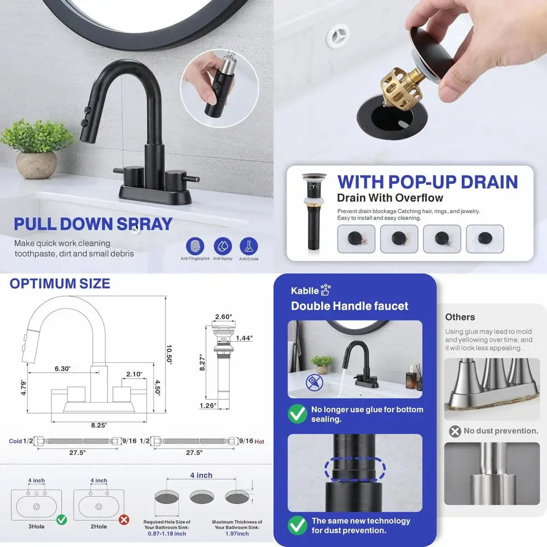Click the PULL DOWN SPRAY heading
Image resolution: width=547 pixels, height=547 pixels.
(93, 224)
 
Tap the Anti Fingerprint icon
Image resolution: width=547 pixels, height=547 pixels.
(195, 246)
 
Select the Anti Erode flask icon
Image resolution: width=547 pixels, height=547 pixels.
(248, 246)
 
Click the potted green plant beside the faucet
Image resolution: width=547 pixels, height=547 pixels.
(37, 146)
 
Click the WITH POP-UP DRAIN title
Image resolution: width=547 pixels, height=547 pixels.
(427, 182)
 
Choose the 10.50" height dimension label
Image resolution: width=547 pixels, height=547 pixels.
(169, 356)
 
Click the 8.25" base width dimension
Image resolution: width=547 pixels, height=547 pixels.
(98, 425)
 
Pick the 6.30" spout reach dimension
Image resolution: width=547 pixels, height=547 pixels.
(62, 369)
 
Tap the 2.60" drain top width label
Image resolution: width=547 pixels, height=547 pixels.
(224, 317)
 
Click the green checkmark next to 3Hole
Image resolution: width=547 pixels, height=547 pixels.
(61, 519)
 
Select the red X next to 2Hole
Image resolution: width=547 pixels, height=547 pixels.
(124, 519)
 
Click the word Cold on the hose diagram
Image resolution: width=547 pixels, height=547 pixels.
(16, 441)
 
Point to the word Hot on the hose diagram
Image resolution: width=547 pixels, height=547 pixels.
(259, 441)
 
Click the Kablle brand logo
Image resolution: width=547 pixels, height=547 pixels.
(311, 290)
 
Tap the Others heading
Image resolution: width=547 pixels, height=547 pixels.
(459, 317)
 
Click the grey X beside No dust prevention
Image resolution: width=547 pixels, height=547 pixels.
(455, 431)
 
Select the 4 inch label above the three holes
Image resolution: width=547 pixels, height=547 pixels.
(201, 475)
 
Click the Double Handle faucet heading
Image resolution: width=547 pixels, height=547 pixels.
(350, 306)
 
